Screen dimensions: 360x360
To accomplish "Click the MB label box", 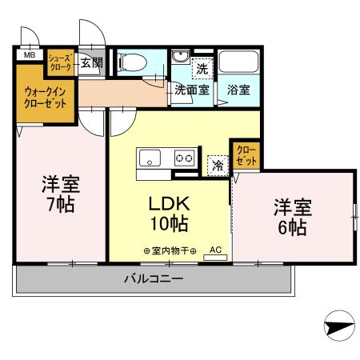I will pyautogui.click(x=29, y=55).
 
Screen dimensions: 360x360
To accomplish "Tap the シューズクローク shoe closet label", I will pyautogui.click(x=60, y=62).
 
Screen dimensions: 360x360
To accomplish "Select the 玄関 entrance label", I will pyautogui.click(x=91, y=62).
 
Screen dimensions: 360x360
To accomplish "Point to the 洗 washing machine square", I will pyautogui.click(x=202, y=68).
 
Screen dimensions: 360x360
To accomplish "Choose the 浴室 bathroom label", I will pyautogui.click(x=238, y=90).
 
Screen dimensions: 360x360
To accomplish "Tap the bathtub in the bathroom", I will pyautogui.click(x=237, y=63).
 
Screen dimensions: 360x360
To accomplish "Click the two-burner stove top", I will pyautogui.click(x=184, y=158).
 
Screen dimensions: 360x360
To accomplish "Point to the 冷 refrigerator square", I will pyautogui.click(x=217, y=165).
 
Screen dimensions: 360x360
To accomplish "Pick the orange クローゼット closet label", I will pyautogui.click(x=242, y=155).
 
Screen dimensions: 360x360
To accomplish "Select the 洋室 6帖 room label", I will pyautogui.click(x=292, y=217).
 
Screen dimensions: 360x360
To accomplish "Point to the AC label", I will pyautogui.click(x=214, y=250).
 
